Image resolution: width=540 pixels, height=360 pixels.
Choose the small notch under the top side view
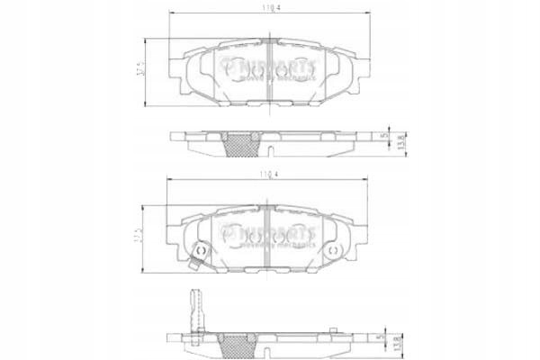(x=270, y=154)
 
